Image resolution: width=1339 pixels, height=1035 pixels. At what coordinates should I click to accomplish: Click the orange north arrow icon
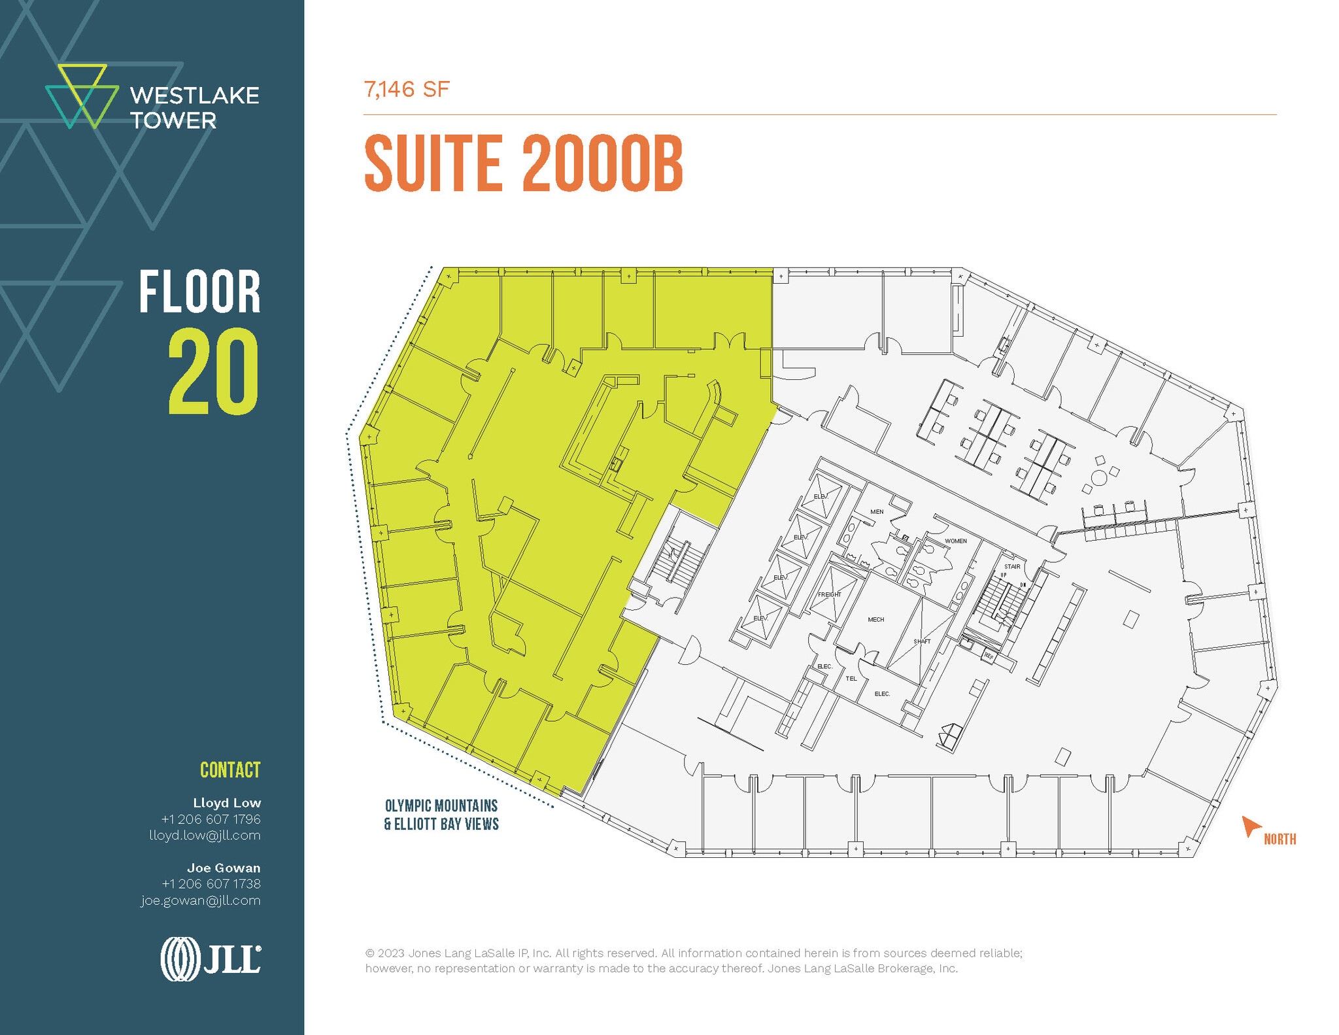coord(1250,826)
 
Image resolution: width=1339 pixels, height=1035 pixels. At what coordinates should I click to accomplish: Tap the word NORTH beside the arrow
coord(1280,840)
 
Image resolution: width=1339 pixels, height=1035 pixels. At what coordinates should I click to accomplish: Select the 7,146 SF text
coord(407,90)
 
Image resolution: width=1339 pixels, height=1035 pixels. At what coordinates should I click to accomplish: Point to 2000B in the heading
coord(602,163)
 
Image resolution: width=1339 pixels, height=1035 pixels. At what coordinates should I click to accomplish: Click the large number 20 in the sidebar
coord(213,372)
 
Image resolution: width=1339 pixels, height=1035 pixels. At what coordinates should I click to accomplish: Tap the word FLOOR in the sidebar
coord(199,292)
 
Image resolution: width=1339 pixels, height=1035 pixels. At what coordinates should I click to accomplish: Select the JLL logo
coord(211,959)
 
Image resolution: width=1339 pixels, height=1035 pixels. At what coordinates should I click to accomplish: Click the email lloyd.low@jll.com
coord(205,836)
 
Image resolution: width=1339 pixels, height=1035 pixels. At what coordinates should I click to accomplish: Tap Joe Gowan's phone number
coord(211,884)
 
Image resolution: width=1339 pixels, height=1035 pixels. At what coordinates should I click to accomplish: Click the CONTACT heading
coord(230,770)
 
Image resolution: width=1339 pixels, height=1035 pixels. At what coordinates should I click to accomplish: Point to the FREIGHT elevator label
coord(829,594)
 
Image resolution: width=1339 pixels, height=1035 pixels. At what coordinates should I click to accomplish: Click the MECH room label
coord(875,619)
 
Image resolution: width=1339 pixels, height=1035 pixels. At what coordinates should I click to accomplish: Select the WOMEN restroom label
coord(955,541)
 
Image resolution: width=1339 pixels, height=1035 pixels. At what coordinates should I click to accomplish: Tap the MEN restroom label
coord(877,512)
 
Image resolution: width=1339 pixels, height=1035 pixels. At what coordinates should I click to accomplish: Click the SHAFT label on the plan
coord(922,641)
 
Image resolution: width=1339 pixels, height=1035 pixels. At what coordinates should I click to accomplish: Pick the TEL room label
coord(851,679)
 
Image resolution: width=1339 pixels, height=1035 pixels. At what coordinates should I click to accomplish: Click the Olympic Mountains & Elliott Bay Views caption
coord(441,815)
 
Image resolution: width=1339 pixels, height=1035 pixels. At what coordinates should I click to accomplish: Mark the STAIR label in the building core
coord(1012,567)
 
